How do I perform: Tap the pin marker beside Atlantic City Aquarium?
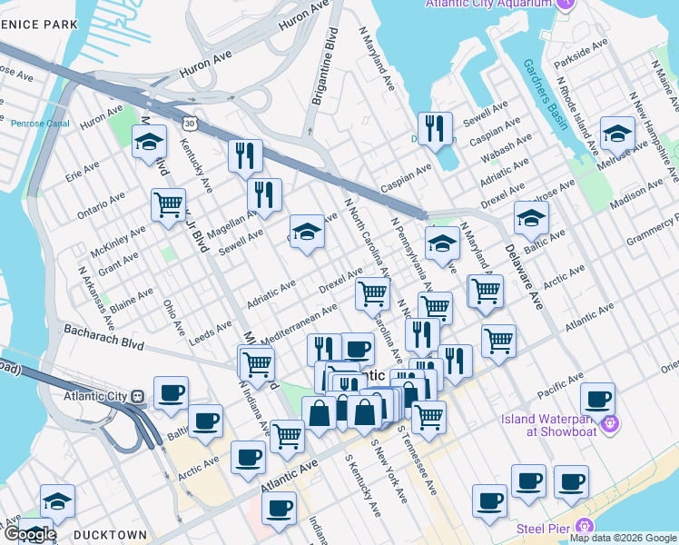coord(566,5)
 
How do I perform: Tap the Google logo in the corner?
coord(29,534)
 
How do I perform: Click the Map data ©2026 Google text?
coord(623,538)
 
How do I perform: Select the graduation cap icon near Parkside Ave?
coord(617,136)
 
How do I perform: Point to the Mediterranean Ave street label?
coord(299,324)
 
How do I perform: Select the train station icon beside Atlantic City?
coord(138,396)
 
